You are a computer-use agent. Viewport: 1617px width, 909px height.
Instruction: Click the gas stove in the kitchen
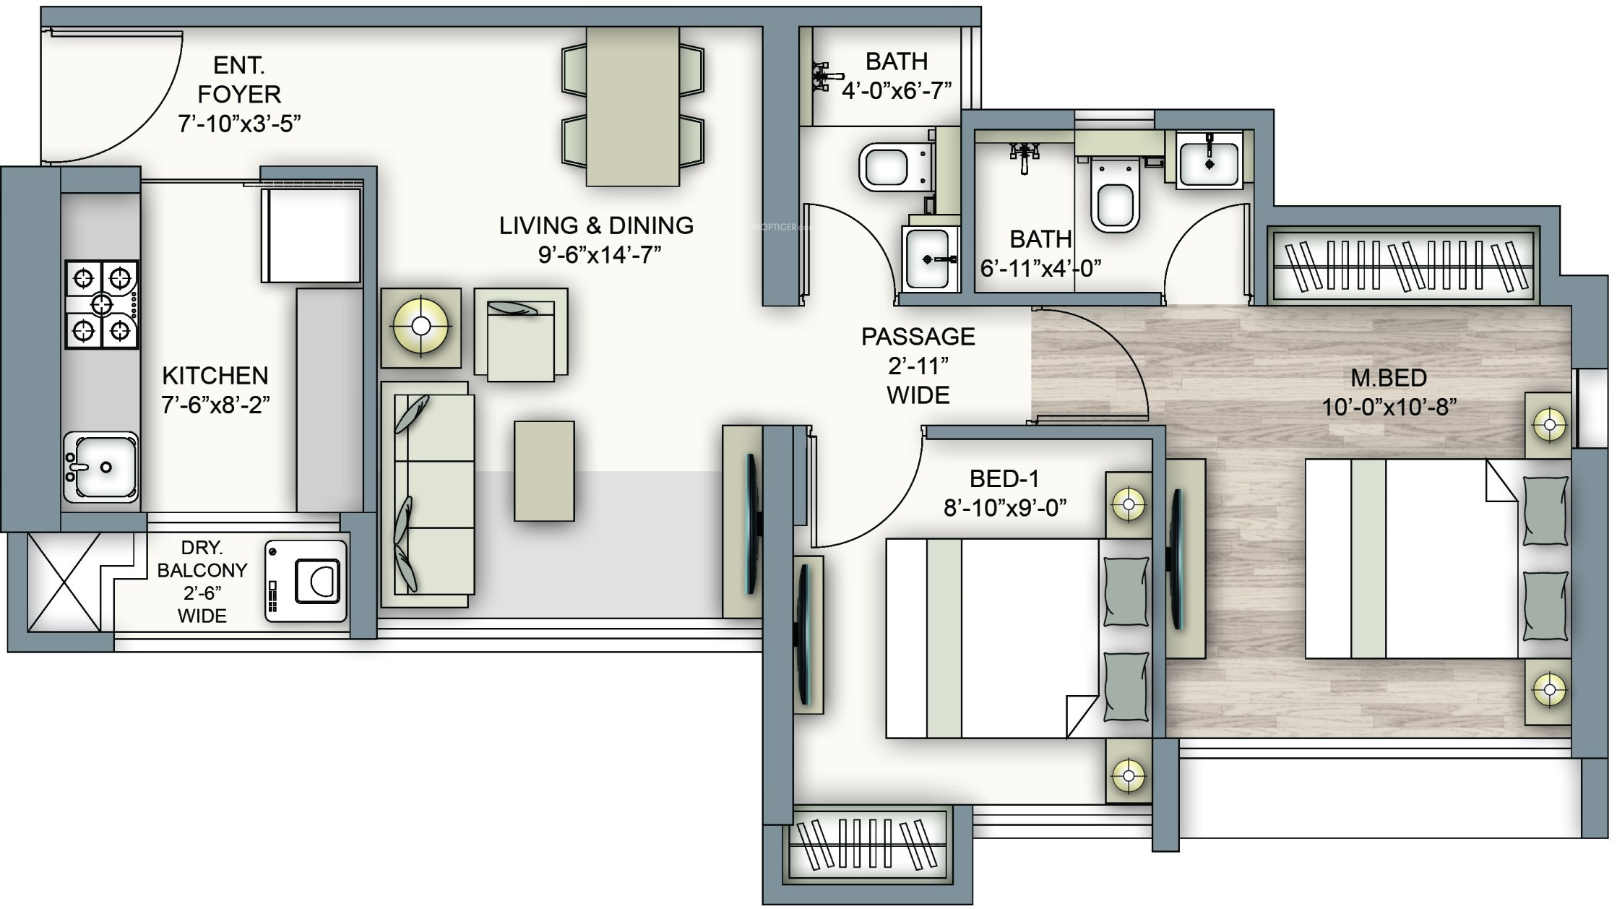click(102, 304)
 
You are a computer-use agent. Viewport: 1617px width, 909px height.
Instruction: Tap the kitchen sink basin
click(101, 467)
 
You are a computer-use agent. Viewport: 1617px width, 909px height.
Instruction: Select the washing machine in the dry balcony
click(306, 581)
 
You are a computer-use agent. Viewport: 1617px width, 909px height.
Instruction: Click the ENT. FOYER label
click(239, 79)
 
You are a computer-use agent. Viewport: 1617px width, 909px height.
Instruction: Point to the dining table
click(632, 106)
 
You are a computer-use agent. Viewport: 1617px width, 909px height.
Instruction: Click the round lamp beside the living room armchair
click(421, 327)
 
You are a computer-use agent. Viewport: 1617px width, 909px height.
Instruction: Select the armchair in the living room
click(521, 335)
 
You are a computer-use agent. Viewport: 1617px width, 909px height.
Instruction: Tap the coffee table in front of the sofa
click(544, 470)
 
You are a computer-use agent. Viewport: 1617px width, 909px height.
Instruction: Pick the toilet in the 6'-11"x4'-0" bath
click(1115, 194)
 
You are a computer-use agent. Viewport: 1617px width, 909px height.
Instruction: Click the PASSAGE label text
click(918, 337)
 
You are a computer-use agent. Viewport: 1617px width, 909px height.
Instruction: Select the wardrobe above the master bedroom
click(1404, 265)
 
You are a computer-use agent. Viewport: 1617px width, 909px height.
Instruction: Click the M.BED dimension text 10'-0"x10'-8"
click(1389, 408)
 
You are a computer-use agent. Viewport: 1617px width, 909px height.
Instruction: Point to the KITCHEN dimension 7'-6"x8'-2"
click(215, 405)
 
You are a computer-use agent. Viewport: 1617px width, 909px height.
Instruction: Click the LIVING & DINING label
click(596, 225)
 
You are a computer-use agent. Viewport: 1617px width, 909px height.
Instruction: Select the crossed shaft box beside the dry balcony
click(64, 582)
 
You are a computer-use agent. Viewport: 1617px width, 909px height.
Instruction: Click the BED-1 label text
click(1004, 478)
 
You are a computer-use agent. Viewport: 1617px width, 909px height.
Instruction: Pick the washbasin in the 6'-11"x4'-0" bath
click(1209, 162)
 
